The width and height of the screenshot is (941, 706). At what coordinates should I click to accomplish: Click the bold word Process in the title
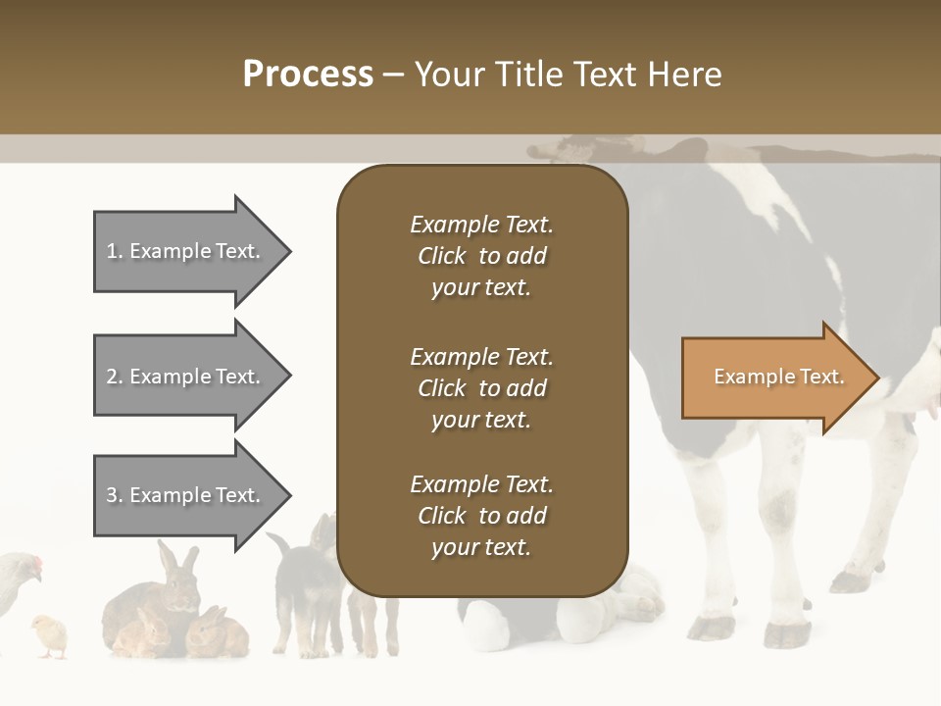[308, 75]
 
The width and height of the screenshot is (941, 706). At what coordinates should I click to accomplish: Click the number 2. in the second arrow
[114, 377]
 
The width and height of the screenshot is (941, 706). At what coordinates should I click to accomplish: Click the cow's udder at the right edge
[926, 378]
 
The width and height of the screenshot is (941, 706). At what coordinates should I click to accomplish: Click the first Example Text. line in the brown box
[481, 225]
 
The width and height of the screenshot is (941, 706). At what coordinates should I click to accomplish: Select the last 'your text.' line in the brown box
[481, 547]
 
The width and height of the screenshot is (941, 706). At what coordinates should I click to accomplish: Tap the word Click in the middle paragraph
[441, 388]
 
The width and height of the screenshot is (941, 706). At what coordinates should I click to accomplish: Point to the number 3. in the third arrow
[114, 495]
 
